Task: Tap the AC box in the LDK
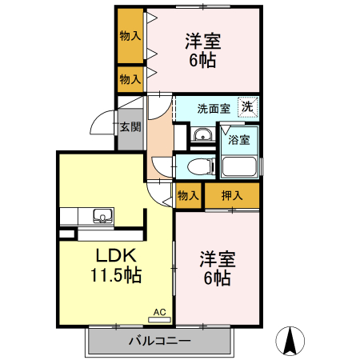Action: (158, 312)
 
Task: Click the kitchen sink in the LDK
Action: (102, 214)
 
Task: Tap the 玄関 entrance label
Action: (130, 126)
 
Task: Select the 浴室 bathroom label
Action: (239, 140)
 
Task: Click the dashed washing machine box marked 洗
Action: (249, 106)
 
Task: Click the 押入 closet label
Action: (231, 195)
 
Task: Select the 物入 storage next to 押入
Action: (188, 195)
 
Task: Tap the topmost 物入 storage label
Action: (130, 36)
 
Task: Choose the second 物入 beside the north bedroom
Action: (130, 78)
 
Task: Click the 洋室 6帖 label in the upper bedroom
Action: (203, 50)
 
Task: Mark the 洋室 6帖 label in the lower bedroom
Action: (216, 268)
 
